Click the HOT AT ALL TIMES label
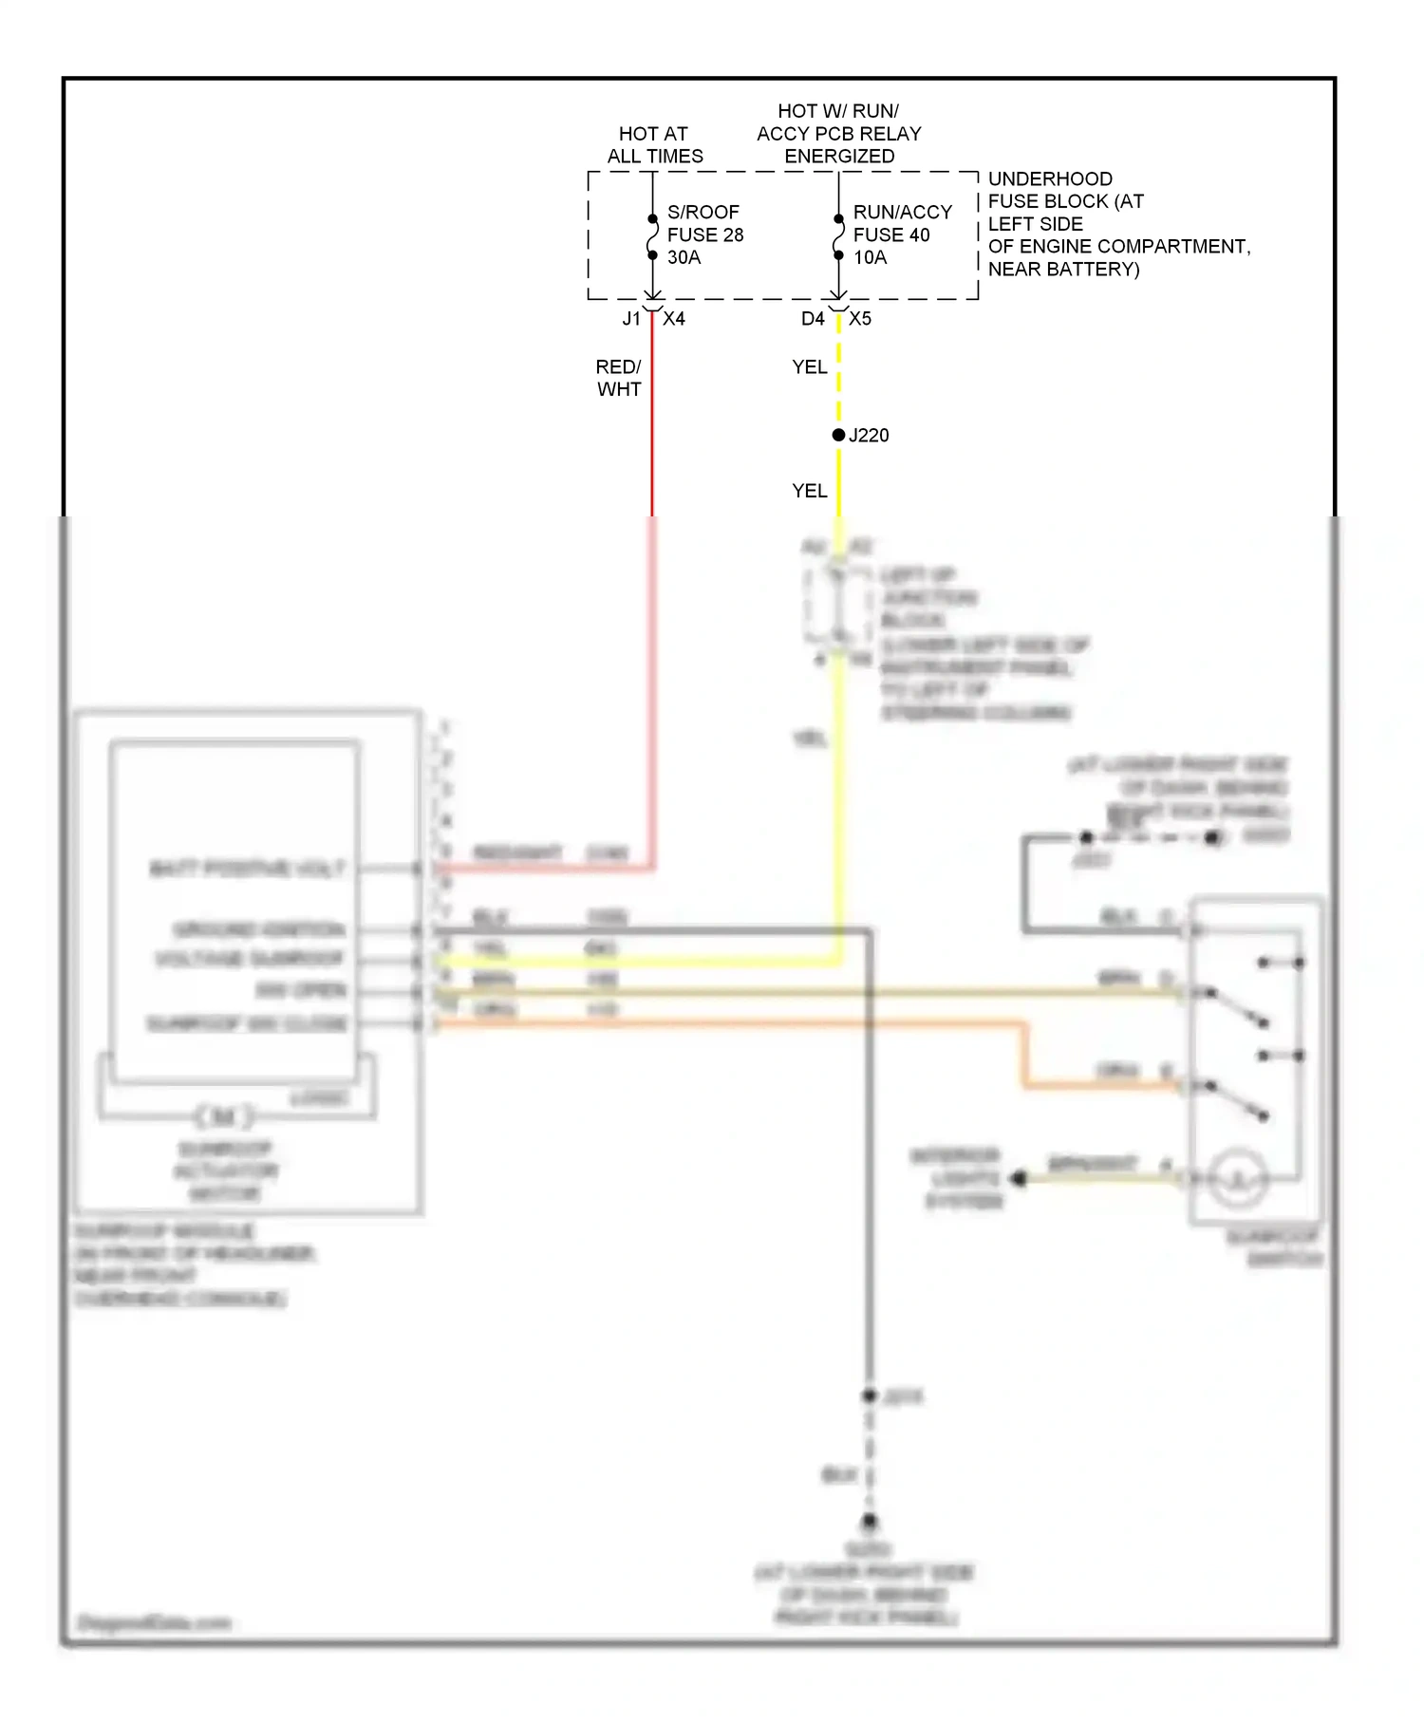(654, 145)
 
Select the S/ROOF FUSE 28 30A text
(704, 234)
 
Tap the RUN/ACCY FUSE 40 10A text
(901, 234)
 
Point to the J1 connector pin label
(631, 319)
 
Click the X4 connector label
(674, 319)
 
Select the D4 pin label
(813, 319)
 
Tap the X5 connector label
(860, 319)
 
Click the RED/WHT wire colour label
(619, 378)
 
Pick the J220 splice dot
(838, 435)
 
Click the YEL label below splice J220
(810, 491)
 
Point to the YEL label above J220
(810, 366)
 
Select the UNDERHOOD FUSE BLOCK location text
(1118, 224)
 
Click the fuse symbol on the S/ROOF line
(653, 237)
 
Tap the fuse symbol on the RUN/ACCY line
(838, 237)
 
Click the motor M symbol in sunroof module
(224, 1116)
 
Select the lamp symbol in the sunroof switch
(1238, 1178)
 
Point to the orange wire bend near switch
(1025, 1083)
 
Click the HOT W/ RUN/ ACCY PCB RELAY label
(838, 134)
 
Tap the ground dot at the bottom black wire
(870, 1522)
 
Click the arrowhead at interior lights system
(1019, 1178)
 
